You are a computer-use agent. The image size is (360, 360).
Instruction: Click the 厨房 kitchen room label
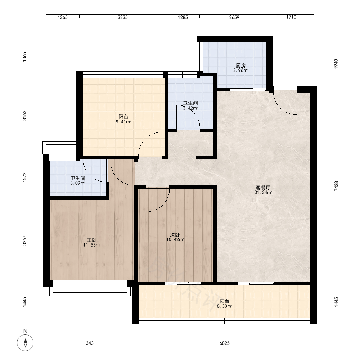coord(240,66)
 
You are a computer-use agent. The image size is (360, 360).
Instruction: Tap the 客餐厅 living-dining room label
coord(263,188)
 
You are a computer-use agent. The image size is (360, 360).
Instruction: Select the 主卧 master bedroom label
coord(91,240)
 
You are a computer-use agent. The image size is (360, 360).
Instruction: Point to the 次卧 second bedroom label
coord(175,235)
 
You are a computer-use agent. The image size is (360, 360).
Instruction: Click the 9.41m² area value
coord(123,122)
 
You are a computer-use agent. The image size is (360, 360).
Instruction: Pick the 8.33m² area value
coord(224,306)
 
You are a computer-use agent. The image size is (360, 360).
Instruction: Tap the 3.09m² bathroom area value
coord(78,183)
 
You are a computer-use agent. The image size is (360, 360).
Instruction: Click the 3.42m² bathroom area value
coord(190,108)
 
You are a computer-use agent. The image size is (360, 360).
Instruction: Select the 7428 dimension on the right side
coord(336,186)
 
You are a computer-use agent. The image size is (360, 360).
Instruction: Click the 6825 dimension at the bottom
coord(225,343)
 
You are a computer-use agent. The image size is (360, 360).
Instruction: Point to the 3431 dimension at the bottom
coord(91,343)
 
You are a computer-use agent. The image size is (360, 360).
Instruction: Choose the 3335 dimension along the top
coord(123,17)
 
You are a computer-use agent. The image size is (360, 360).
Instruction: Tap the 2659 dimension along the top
coord(234,17)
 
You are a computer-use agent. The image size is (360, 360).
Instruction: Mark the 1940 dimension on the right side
coord(336,64)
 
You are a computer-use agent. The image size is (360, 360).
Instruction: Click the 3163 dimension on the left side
coord(24,116)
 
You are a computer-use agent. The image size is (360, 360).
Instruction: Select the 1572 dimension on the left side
coord(24,177)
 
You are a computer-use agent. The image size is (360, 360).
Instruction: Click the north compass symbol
coord(25,343)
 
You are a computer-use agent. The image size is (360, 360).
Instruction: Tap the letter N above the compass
coord(25,331)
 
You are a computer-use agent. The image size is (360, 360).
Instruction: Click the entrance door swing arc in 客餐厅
coord(282,108)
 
